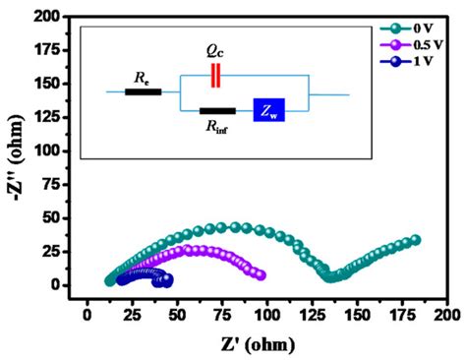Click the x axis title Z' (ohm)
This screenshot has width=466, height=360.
(x=262, y=344)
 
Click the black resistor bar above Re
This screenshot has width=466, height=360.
(x=144, y=92)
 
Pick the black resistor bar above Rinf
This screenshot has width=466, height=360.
(x=217, y=111)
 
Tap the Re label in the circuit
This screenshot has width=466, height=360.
(x=144, y=75)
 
